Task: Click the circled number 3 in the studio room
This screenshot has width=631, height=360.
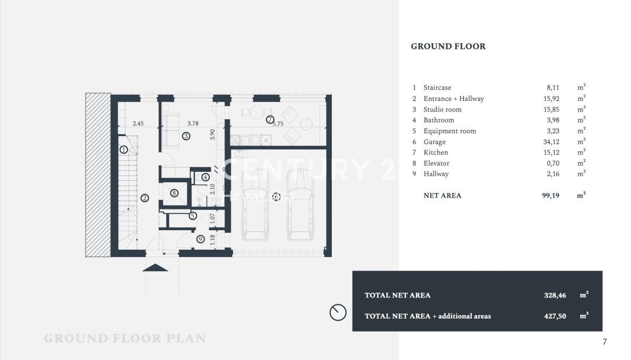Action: coord(186,136)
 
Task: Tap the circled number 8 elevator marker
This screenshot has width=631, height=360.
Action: coord(174,193)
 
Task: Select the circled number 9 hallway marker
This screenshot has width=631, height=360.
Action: coord(200,239)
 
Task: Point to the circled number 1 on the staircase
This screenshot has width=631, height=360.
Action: coord(124,150)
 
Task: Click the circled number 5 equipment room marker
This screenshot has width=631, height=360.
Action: coord(192,216)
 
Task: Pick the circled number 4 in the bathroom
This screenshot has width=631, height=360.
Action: coord(206,177)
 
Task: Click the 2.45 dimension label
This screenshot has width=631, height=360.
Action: coord(138,124)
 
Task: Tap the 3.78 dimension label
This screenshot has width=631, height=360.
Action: coord(193,124)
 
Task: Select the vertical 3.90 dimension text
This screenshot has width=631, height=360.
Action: coord(212,135)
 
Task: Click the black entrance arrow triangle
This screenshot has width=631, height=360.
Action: coord(155,268)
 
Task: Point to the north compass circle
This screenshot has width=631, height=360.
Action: coord(338,312)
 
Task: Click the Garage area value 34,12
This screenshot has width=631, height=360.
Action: coord(551,142)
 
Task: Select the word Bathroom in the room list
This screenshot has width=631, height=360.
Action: coord(439,120)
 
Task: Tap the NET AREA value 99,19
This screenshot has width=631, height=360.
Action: coord(551,196)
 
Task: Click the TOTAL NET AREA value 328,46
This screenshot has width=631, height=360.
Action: coord(555,295)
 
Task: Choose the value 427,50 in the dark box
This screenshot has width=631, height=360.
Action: coord(555,316)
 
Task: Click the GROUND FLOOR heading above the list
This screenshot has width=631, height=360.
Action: coord(448,46)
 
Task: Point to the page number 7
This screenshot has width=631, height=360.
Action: coord(605,342)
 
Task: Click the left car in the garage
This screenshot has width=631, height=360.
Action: coord(255,204)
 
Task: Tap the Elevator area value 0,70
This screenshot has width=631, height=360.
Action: coord(553,163)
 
